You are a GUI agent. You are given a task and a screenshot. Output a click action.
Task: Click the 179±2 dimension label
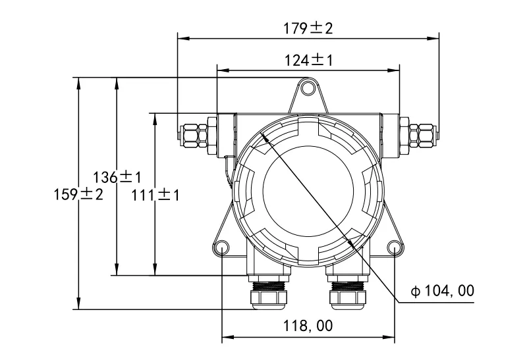[x=308, y=28]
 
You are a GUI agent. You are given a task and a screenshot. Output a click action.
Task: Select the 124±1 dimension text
[x=308, y=61]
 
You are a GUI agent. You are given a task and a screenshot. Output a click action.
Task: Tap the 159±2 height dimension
[x=78, y=195]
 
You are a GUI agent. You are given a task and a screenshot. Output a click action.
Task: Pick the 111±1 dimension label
[x=155, y=195]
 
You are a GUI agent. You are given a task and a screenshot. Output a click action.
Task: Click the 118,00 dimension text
[x=308, y=326]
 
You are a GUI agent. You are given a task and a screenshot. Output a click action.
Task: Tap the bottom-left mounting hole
[x=221, y=248]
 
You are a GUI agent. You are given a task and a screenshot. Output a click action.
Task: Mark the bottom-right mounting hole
[x=395, y=248]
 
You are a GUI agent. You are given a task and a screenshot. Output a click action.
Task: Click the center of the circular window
[x=307, y=193]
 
